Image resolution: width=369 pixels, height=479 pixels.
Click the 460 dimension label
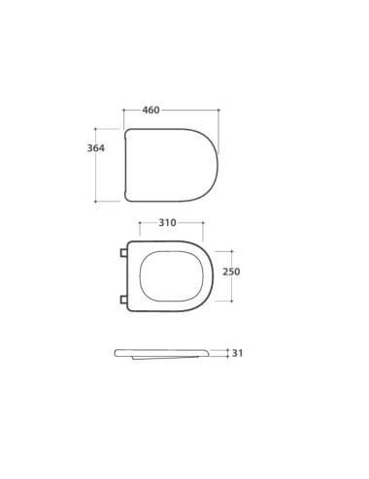click(151, 111)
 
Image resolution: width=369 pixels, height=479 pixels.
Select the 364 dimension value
click(96, 148)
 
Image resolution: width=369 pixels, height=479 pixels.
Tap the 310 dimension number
click(167, 223)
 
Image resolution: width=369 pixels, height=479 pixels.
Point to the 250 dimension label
click(231, 271)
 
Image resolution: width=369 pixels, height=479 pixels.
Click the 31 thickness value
click(237, 353)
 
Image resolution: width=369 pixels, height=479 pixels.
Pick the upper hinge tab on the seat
click(123, 253)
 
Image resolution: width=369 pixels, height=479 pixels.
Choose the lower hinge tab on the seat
click(123, 300)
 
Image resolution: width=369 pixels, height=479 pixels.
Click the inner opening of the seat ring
click(172, 276)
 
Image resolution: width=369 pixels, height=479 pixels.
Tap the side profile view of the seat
click(161, 354)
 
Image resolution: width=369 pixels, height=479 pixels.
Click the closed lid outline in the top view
click(125, 165)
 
